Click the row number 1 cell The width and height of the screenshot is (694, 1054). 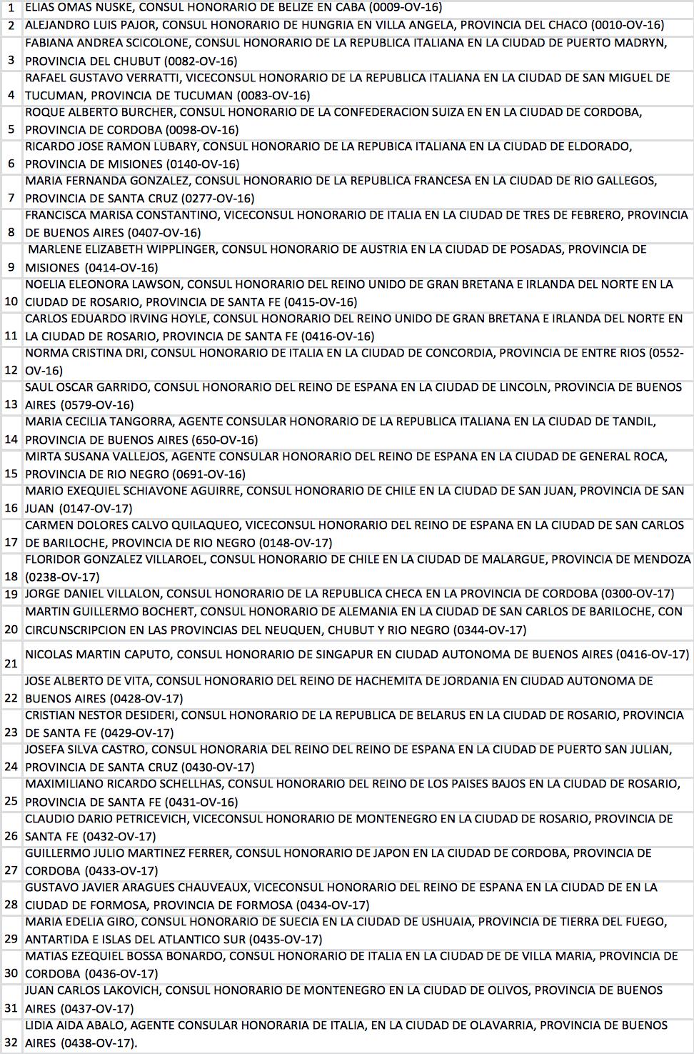(x=11, y=8)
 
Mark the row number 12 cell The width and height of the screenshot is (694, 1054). (x=11, y=370)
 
